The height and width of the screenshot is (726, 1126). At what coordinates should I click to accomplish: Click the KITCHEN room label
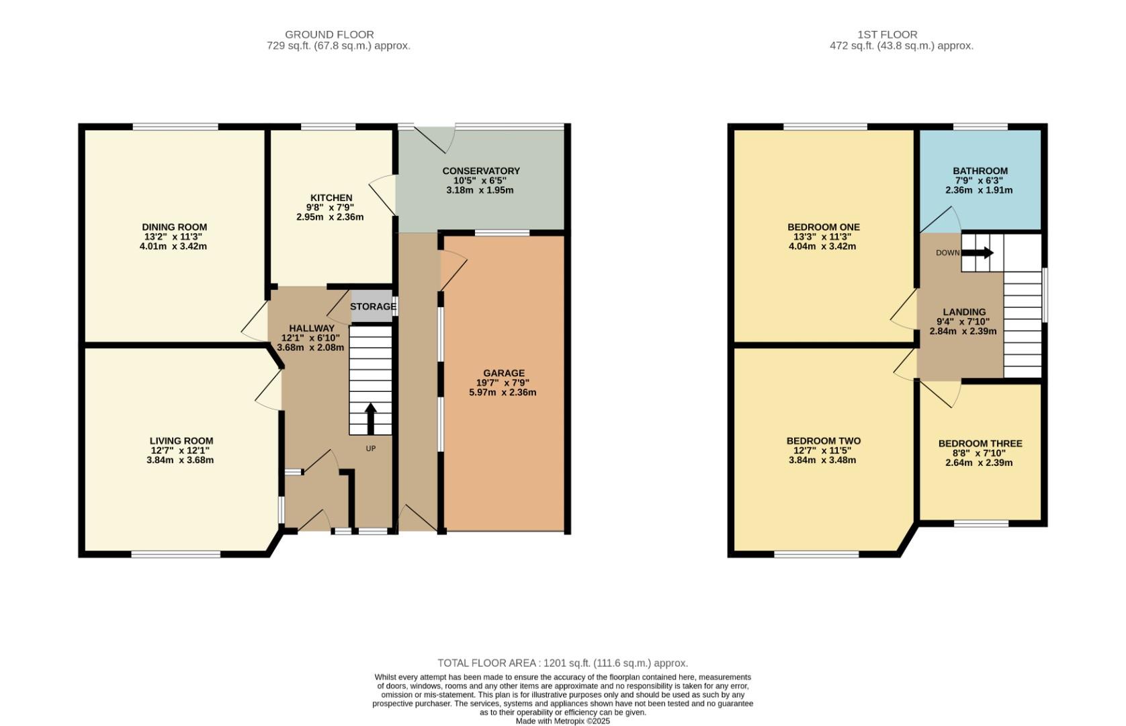331,198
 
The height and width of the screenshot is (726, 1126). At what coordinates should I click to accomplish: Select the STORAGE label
373,307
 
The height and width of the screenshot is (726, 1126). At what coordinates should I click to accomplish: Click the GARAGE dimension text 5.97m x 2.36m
503,393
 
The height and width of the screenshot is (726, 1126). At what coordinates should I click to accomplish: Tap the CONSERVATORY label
480,171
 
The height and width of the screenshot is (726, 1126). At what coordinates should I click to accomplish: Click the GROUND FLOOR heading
329,34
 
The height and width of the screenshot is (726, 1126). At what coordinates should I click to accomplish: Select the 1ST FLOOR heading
887,34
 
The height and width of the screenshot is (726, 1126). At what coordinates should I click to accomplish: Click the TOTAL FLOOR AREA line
562,663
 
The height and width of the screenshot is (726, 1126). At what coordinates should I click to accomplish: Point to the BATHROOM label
980,171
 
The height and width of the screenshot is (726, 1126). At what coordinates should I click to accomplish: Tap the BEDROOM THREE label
980,444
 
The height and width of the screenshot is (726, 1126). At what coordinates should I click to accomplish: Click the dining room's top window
175,126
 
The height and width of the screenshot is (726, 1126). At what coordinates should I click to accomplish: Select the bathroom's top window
980,126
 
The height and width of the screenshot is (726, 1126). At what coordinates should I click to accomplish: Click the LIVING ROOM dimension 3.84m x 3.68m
180,460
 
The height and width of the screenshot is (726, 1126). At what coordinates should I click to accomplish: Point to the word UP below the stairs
370,448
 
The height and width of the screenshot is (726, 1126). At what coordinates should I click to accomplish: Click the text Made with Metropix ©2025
562,721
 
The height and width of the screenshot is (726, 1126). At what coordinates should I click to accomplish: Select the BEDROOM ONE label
823,227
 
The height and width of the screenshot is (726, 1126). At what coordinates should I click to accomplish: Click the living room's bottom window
175,555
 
